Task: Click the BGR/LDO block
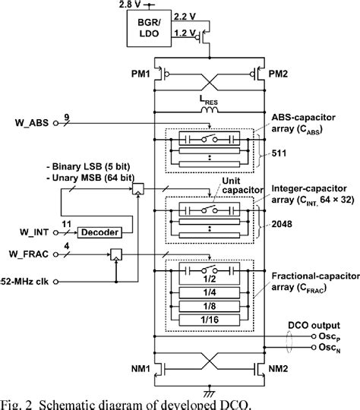(149, 28)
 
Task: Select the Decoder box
(99, 232)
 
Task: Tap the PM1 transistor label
(141, 74)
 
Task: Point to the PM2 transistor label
(278, 74)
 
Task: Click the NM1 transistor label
(141, 369)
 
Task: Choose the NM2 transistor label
(279, 369)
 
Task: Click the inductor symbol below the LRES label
(210, 110)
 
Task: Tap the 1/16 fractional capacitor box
(210, 320)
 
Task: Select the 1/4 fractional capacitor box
(210, 292)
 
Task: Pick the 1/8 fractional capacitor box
(210, 306)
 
